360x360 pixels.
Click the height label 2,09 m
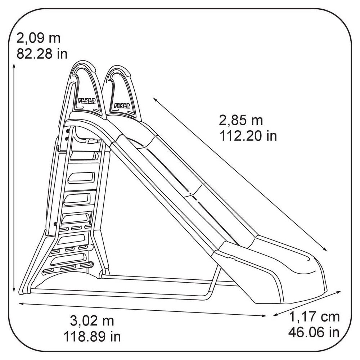pyautogui.click(x=39, y=39)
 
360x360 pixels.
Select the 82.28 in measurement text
pyautogui.click(x=42, y=54)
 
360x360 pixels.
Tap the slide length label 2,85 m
pyautogui.click(x=241, y=120)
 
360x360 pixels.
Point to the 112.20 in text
pyautogui.click(x=248, y=136)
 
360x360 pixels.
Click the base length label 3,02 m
pyautogui.click(x=92, y=321)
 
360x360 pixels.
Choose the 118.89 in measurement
pyautogui.click(x=92, y=337)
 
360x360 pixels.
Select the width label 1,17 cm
pyautogui.click(x=314, y=317)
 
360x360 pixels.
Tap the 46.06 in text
pyautogui.click(x=314, y=332)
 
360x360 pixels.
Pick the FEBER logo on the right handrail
pyautogui.click(x=122, y=105)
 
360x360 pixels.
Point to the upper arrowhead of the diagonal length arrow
pyautogui.click(x=155, y=99)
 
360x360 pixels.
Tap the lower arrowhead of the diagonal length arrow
pyautogui.click(x=325, y=249)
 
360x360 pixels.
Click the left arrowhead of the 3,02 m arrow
pyautogui.click(x=21, y=303)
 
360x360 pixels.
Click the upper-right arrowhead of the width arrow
pyautogui.click(x=339, y=292)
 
